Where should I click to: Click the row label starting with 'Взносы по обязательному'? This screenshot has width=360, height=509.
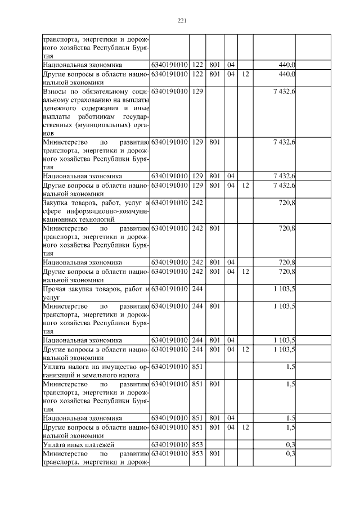pos(96,112)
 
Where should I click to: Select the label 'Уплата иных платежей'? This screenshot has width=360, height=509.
pos(78,444)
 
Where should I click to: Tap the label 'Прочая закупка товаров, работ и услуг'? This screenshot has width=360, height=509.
pos(96,293)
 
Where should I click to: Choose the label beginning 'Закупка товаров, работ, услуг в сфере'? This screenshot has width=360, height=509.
pos(96,211)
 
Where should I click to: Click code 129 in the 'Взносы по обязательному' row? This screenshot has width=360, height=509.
pos(197,91)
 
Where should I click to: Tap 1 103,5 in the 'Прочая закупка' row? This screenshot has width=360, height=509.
pos(285,289)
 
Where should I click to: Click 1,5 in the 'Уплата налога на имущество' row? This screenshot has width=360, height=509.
pos(290,367)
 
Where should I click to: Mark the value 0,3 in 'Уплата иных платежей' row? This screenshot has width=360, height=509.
pos(290,444)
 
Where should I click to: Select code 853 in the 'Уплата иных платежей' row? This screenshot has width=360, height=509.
pos(197,444)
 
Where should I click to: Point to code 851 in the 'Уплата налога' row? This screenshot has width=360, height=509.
pos(197,367)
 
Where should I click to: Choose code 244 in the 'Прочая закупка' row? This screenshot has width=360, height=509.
pos(197,289)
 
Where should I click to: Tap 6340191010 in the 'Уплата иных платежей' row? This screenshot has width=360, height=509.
pos(169,444)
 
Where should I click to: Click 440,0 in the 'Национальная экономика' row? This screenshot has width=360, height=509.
pos(287,65)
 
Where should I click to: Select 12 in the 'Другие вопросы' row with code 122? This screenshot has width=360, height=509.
pos(245,74)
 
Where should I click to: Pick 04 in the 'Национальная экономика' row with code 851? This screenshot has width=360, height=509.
pos(231,418)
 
